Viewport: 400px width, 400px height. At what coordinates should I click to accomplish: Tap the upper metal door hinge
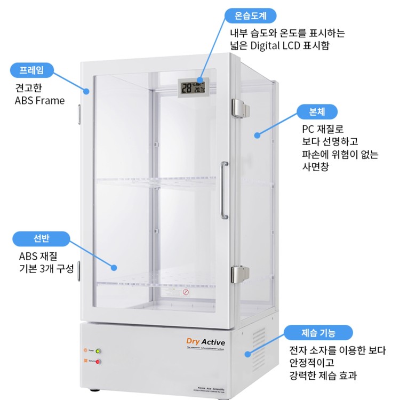pyautogui.click(x=239, y=108)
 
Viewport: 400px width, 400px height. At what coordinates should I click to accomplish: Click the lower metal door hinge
pyautogui.click(x=239, y=274)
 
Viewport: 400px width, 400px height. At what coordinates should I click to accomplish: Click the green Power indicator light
pyautogui.click(x=98, y=351)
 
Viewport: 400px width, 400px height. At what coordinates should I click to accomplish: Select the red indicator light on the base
pyautogui.click(x=98, y=362)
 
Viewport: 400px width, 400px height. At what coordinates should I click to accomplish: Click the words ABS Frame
pyautogui.click(x=39, y=100)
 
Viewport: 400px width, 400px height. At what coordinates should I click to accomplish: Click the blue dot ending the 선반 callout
pyautogui.click(x=114, y=266)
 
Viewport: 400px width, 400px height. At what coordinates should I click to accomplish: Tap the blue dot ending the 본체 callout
pyautogui.click(x=257, y=135)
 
